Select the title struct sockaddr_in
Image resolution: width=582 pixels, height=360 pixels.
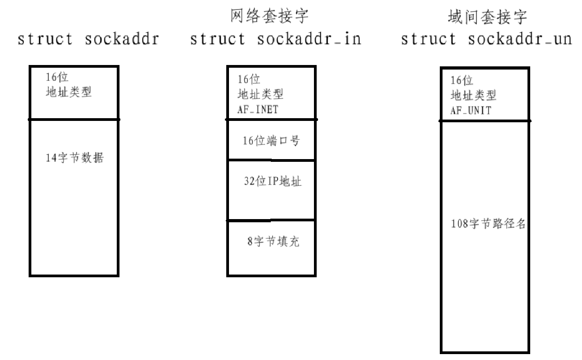pyautogui.click(x=276, y=40)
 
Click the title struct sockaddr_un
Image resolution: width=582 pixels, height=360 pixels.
pyautogui.click(x=486, y=40)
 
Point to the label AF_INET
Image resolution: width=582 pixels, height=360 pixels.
pyautogui.click(x=258, y=109)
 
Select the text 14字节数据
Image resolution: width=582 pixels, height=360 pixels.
pyautogui.click(x=75, y=158)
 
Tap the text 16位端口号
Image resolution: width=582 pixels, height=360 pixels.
pyautogui.click(x=271, y=141)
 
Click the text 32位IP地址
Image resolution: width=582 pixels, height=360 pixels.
pyautogui.click(x=273, y=182)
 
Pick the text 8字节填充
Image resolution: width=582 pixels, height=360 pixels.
pyautogui.click(x=273, y=241)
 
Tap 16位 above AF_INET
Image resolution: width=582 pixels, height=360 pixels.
pyautogui.click(x=249, y=80)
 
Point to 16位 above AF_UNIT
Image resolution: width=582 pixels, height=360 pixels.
pyautogui.click(x=462, y=81)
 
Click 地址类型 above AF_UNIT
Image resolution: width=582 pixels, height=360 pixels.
pyautogui.click(x=473, y=95)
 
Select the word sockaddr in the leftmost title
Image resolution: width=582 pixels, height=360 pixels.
pyautogui.click(x=122, y=40)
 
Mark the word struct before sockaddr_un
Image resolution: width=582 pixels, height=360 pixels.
pyautogui.click(x=428, y=40)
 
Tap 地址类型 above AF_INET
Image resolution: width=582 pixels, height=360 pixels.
pyautogui.click(x=260, y=95)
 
